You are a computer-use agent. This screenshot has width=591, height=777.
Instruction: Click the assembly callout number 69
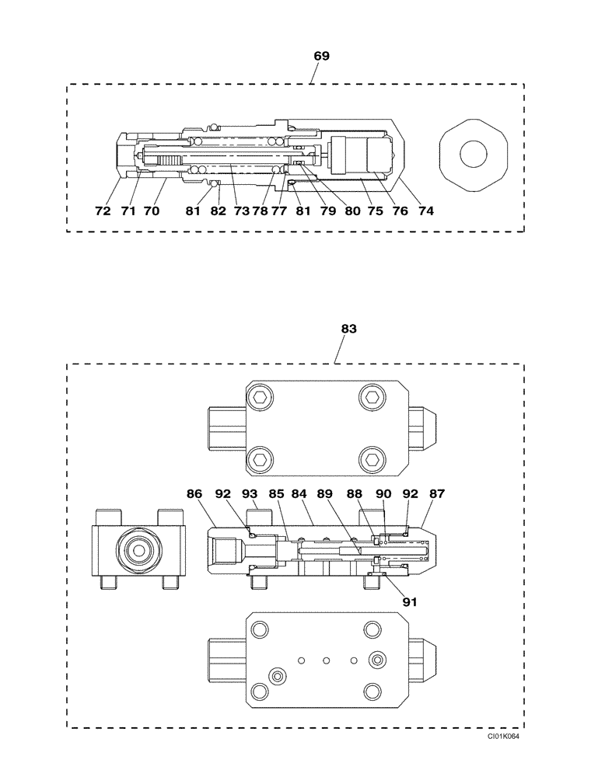pos(321,56)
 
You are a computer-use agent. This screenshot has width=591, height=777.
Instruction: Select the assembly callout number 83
pos(348,329)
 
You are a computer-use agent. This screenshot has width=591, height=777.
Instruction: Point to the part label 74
pos(425,211)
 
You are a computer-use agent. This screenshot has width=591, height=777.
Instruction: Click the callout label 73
pos(241,211)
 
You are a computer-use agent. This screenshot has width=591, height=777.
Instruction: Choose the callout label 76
pos(401,211)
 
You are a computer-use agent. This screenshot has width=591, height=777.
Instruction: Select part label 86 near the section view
pos(194,493)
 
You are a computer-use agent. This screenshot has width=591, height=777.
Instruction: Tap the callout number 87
pos(437,493)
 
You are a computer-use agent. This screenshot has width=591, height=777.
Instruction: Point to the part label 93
pos(249,493)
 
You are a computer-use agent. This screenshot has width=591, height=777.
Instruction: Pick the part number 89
pos(326,493)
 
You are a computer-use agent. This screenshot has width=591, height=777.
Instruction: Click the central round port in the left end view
pos(140,550)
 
